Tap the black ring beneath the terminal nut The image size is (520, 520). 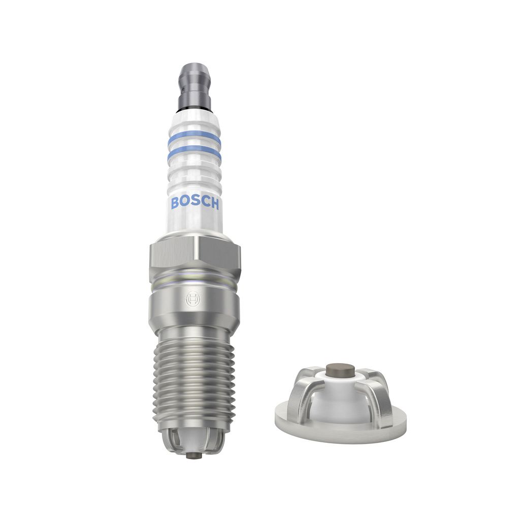(x=194, y=110)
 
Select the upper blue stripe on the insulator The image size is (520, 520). (x=194, y=137)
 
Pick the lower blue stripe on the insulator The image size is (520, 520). (x=194, y=153)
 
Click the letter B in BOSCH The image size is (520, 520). (x=175, y=203)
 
